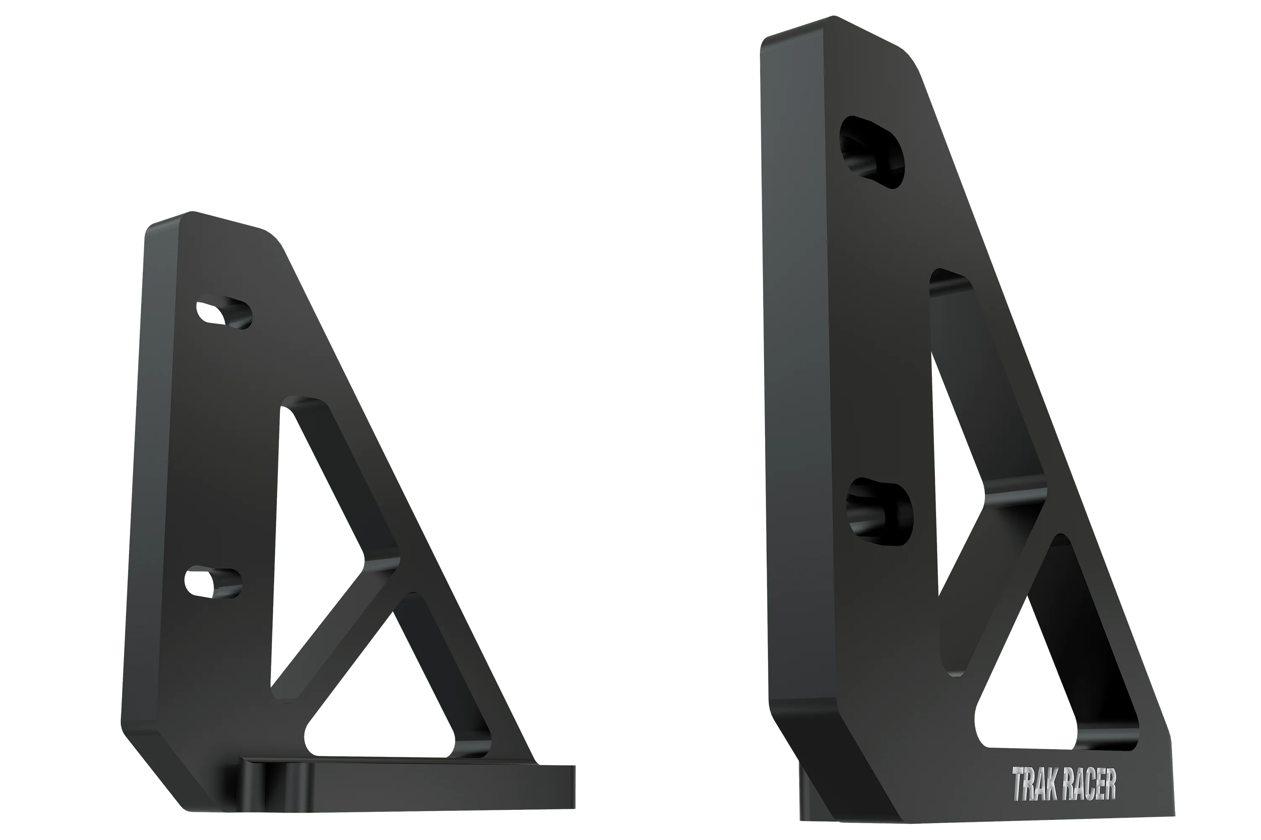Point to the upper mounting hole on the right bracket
point(872,152)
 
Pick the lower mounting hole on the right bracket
point(879,511)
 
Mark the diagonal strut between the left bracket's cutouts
point(343,627)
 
